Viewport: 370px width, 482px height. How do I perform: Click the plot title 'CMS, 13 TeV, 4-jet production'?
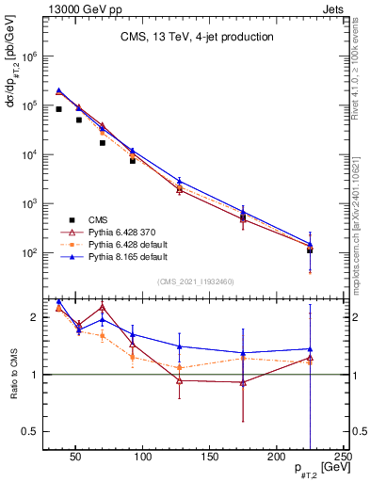point(197,38)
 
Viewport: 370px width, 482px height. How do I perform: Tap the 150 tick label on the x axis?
point(209,457)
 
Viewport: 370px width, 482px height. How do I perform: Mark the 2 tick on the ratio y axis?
point(34,317)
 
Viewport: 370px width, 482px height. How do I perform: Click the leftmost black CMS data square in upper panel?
point(58,109)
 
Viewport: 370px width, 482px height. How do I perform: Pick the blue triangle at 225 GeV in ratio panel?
point(310,349)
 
